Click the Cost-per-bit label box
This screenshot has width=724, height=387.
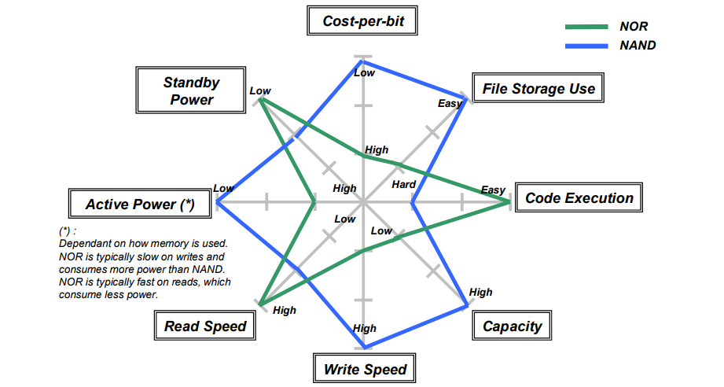[x=363, y=21]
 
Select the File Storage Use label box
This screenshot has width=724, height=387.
[x=538, y=89]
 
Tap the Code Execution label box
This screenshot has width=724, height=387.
[x=579, y=198]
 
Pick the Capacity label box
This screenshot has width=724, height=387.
[x=512, y=326]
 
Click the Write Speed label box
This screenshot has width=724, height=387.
[x=366, y=369]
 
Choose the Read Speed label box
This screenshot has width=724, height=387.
[x=205, y=326]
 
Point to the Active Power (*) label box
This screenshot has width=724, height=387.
[x=140, y=205]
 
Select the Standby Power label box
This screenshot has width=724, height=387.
[x=191, y=91]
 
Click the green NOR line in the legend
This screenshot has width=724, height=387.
[x=586, y=27]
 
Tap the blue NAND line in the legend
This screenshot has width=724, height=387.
[x=586, y=46]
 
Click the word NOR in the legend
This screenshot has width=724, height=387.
[x=634, y=27]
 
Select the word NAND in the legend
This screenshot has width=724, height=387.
[x=638, y=46]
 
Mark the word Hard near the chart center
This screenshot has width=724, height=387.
[x=404, y=184]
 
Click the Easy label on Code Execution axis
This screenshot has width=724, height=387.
[x=493, y=190]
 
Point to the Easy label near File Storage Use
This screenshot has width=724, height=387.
[x=450, y=104]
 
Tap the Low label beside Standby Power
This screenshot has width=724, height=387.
[x=260, y=91]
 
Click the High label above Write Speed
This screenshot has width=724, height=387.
[x=365, y=329]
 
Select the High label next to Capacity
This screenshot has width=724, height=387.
[x=480, y=293]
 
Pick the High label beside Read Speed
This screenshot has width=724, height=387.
[x=285, y=311]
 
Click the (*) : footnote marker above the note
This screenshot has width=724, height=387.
[x=68, y=232]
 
